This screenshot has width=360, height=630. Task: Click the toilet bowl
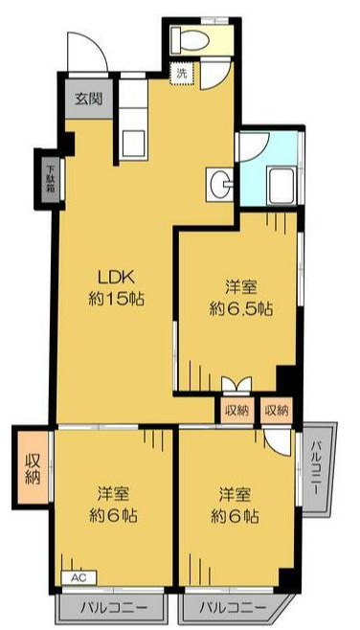(x=191, y=39)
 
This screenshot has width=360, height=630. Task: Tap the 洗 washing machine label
(x=180, y=71)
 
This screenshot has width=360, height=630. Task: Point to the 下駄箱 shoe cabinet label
(x=51, y=176)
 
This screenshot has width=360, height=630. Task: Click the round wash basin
(x=219, y=179)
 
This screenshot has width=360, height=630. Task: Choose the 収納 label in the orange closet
(x=31, y=465)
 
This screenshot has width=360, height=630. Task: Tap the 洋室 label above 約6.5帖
(x=241, y=286)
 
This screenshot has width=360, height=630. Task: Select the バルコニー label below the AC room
(x=112, y=607)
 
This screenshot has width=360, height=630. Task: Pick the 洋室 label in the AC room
(x=113, y=494)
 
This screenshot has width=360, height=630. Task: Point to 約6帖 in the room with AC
(x=112, y=516)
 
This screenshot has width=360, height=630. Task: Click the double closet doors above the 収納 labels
(x=235, y=384)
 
